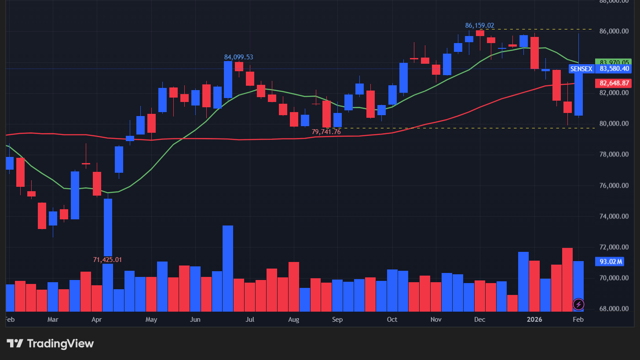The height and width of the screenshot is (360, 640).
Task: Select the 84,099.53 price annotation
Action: click(x=238, y=57)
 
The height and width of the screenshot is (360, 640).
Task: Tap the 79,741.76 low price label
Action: click(x=326, y=131)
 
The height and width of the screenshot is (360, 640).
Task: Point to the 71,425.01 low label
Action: click(x=107, y=260)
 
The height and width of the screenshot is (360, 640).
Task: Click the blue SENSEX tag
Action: click(x=581, y=69)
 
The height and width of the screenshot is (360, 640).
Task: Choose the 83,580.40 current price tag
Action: click(x=614, y=69)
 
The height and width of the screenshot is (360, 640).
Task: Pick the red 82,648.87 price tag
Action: click(x=614, y=83)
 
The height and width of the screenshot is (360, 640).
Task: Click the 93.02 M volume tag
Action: click(x=611, y=262)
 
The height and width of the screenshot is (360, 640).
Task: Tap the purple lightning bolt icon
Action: click(x=578, y=304)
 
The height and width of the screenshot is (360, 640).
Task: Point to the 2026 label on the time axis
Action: click(x=535, y=320)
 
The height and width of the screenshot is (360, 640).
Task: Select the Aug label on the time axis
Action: click(x=293, y=320)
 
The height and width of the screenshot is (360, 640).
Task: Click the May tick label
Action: click(x=151, y=320)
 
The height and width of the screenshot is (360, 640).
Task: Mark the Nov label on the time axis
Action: click(x=436, y=320)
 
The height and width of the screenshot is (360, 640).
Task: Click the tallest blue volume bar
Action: click(x=228, y=268)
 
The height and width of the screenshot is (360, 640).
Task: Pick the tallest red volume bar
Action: click(x=567, y=280)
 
